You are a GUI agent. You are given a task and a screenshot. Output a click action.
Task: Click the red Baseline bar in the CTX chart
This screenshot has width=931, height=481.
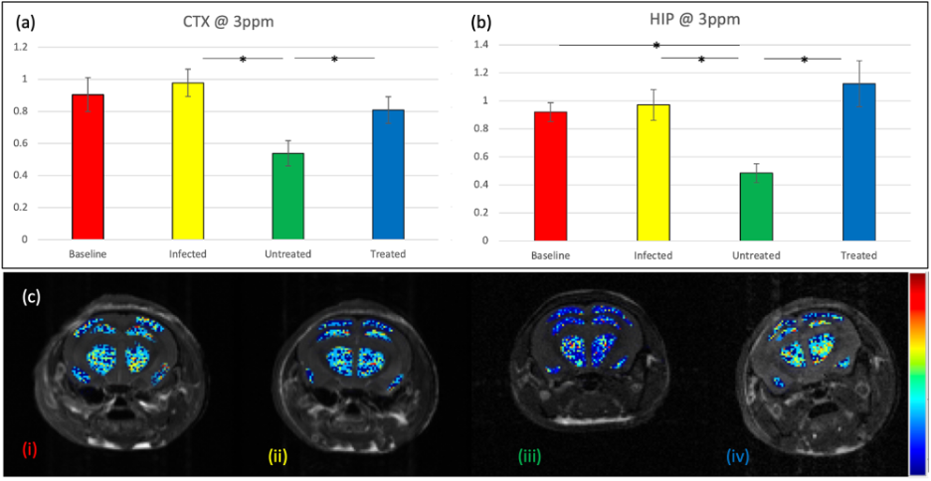pyautogui.click(x=88, y=167)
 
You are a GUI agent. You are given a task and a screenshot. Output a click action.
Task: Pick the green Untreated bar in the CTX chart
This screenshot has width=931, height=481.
pyautogui.click(x=288, y=197)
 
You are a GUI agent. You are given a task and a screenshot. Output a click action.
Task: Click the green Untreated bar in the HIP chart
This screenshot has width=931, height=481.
pyautogui.click(x=756, y=207)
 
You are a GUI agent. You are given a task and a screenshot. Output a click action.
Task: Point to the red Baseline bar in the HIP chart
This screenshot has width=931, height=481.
pyautogui.click(x=550, y=176)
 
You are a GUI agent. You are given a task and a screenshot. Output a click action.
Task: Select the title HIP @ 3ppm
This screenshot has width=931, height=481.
pyautogui.click(x=699, y=25)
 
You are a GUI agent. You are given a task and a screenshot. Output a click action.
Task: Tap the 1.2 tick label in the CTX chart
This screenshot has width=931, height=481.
pyautogui.click(x=47, y=48)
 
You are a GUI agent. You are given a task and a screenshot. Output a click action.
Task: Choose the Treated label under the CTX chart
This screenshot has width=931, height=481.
pyautogui.click(x=388, y=254)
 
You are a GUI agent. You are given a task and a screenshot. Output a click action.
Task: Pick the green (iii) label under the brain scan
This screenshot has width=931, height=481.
pyautogui.click(x=529, y=457)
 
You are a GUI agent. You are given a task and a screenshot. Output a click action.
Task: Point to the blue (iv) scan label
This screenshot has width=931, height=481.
pyautogui.click(x=737, y=457)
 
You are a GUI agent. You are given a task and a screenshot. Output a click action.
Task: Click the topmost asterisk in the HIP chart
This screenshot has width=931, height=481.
pyautogui.click(x=656, y=46)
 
